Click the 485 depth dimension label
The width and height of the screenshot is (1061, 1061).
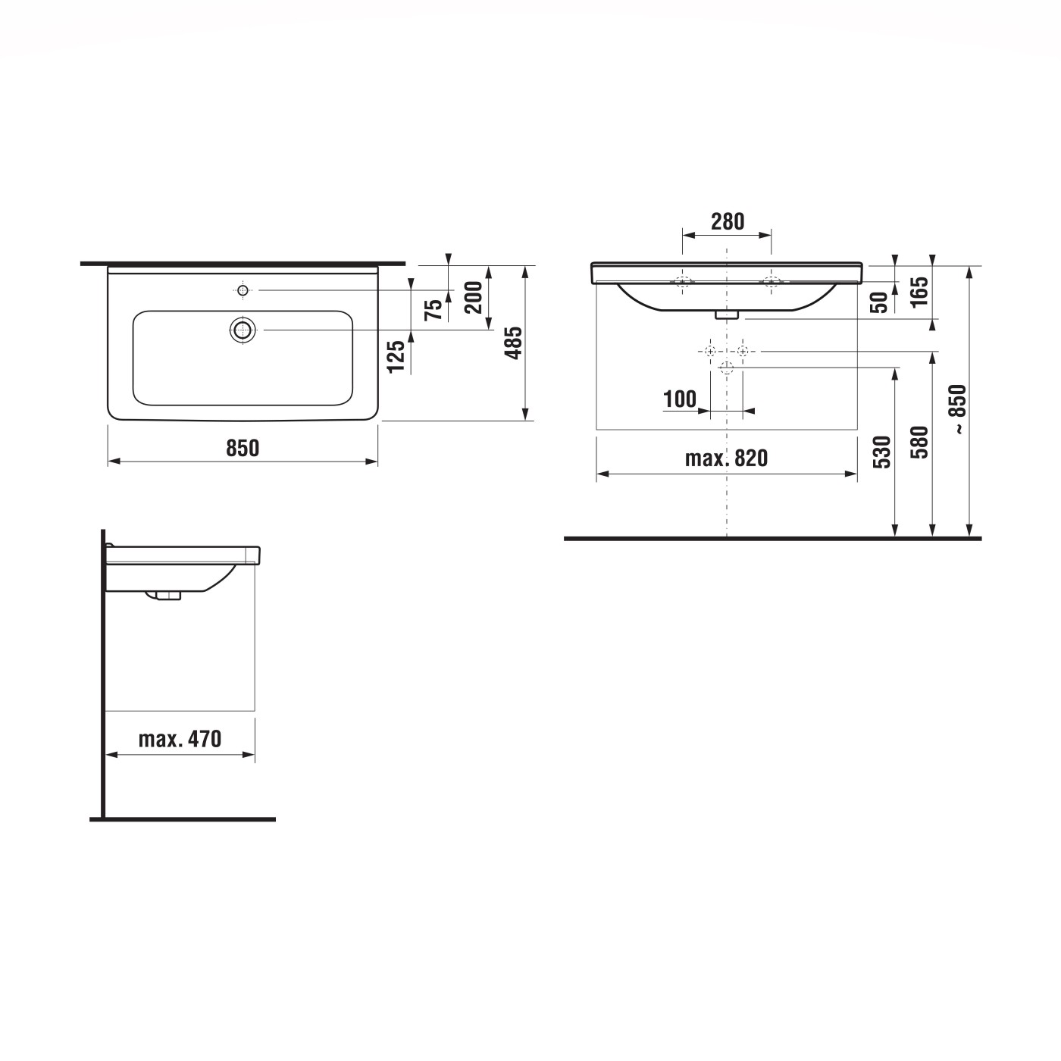tap(514, 343)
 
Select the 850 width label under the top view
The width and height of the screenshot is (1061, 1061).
tap(243, 448)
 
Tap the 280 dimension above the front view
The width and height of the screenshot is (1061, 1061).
tap(728, 221)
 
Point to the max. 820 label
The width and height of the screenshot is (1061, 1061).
tap(726, 459)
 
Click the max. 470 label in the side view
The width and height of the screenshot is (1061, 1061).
tap(180, 739)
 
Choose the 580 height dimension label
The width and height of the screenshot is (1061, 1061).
tap(919, 442)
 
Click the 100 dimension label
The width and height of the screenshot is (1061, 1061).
tap(680, 399)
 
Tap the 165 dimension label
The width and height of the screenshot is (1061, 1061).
tap(919, 292)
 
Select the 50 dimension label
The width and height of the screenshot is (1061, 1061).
tap(879, 302)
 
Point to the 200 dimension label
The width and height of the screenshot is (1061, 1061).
tap(474, 297)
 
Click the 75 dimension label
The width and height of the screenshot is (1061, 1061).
tap(433, 309)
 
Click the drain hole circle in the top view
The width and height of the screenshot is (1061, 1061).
tap(243, 330)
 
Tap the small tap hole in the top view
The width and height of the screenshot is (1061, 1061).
tap(243, 290)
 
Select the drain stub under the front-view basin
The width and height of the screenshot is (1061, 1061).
tap(728, 314)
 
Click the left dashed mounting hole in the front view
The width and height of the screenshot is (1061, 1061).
tap(683, 283)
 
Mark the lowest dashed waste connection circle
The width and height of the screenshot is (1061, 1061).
tap(727, 368)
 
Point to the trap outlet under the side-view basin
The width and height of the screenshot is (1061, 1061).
tap(167, 595)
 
